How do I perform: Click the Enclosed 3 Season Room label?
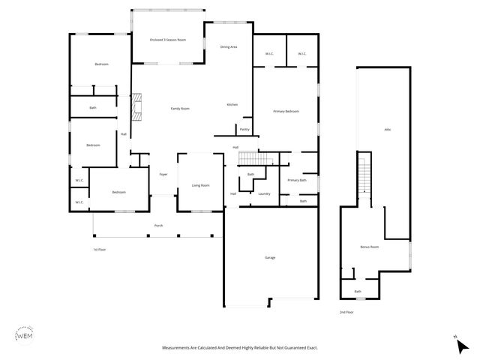[x=168, y=40]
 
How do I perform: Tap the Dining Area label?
[x=229, y=47]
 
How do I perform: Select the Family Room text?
[x=180, y=109]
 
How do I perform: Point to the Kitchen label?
[x=232, y=104]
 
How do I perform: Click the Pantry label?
[x=244, y=129]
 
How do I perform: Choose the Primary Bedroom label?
[x=286, y=111]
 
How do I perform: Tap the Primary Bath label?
[x=297, y=180]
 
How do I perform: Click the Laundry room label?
[x=264, y=194]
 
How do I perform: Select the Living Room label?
[x=200, y=185]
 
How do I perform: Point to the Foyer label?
[x=163, y=175]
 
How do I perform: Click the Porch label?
[x=158, y=226]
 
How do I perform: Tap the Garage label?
[x=270, y=257]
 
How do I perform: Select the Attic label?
[x=388, y=130]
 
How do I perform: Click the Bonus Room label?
[x=370, y=247]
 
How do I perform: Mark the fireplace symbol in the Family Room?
[x=136, y=107]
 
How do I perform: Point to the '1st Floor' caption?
[x=100, y=249]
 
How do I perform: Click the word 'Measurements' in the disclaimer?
[x=181, y=348]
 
